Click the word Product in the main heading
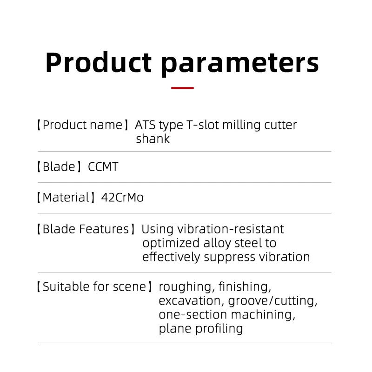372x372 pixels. click(99, 62)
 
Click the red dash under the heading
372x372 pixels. click(182, 88)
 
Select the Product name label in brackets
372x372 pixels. click(83, 125)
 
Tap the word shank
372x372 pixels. click(153, 139)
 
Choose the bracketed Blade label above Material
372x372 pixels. click(60, 166)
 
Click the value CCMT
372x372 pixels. click(103, 166)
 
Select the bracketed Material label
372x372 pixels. click(66, 197)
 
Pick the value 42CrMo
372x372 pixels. click(122, 197)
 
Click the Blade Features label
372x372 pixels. click(86, 229)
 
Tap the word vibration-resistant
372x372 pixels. click(231, 229)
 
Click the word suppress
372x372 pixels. click(229, 258)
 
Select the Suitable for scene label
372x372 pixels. click(94, 286)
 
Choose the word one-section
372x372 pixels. click(193, 315)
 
